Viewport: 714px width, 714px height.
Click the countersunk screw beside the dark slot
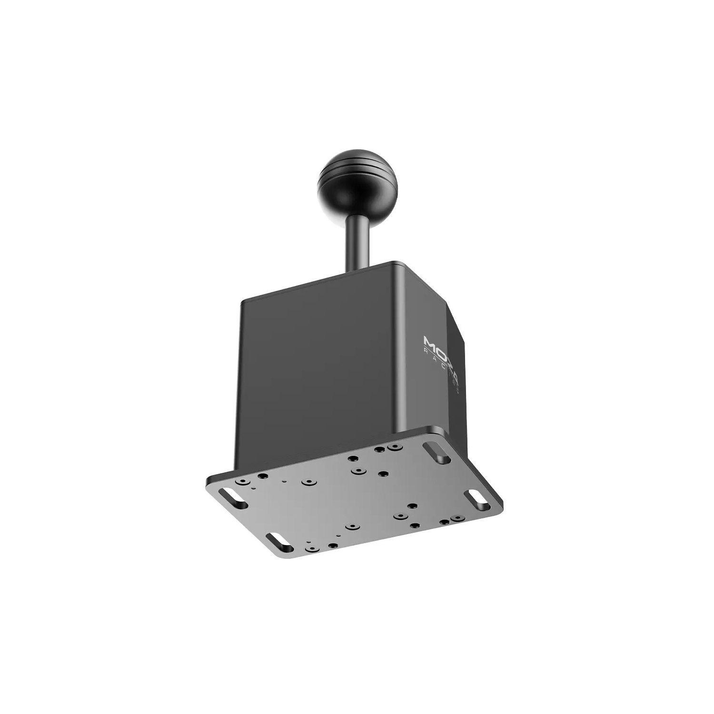tap(395, 447)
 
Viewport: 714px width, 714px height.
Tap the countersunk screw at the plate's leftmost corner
tap(244, 483)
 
